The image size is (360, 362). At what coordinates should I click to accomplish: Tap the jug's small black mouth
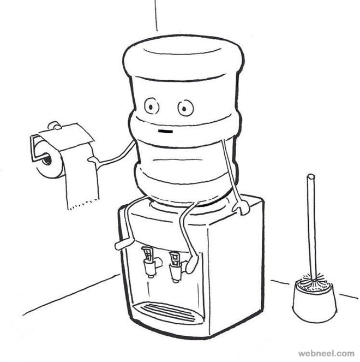tap(165, 132)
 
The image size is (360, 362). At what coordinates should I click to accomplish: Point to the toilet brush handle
tap(311, 218)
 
